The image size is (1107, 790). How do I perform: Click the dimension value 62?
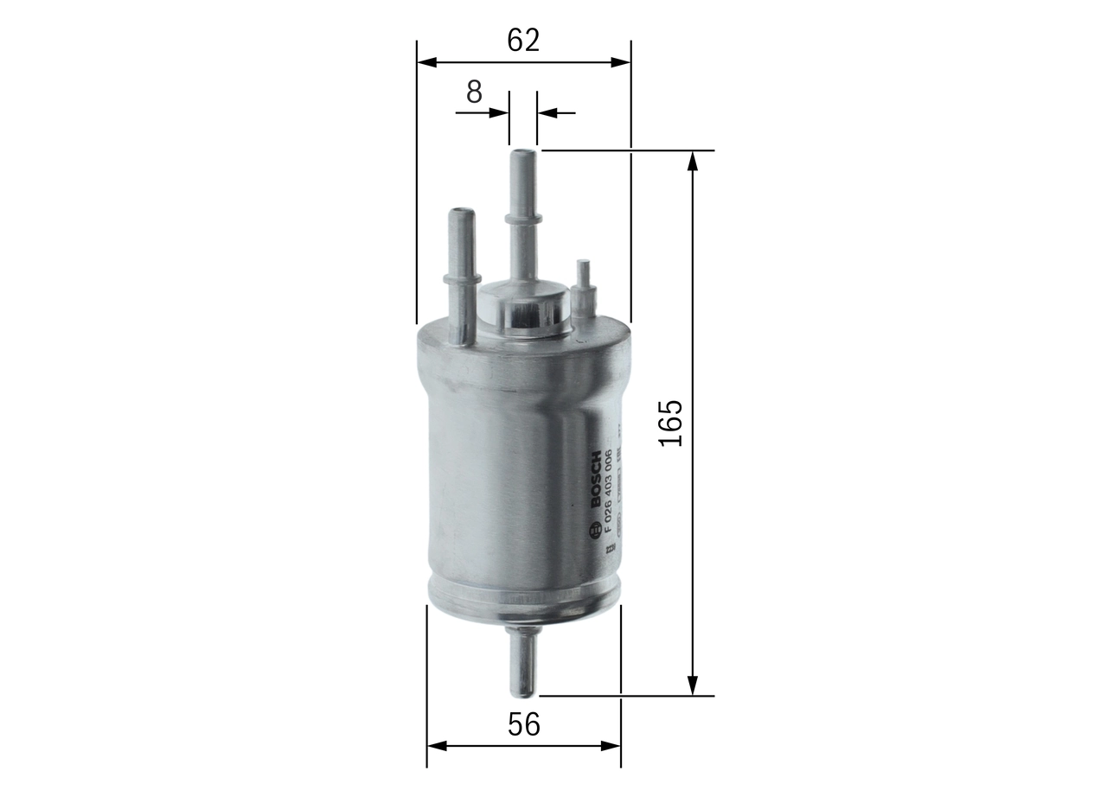[x=523, y=40]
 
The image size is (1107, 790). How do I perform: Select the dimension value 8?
[x=474, y=92]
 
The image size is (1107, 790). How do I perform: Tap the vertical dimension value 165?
[x=671, y=423]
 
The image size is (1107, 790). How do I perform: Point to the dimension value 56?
[x=523, y=724]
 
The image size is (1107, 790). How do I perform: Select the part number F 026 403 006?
[x=609, y=490]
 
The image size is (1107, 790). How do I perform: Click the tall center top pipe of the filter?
[x=522, y=216]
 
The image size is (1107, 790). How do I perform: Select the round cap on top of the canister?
[x=522, y=309]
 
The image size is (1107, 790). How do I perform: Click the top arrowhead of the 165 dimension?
[x=692, y=161]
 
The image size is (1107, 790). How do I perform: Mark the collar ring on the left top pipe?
[x=462, y=277]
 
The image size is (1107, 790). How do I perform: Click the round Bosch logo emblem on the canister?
[x=595, y=531]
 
